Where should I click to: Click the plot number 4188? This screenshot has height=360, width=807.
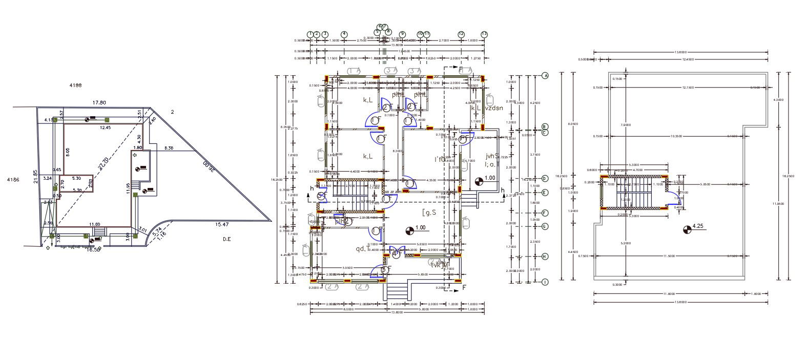(75, 86)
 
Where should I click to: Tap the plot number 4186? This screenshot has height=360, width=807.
(13, 180)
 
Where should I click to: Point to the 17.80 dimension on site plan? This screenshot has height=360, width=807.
(99, 103)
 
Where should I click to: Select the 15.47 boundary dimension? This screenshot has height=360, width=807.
(222, 224)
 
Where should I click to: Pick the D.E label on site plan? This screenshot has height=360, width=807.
(226, 239)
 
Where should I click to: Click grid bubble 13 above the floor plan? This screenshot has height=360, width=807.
(484, 34)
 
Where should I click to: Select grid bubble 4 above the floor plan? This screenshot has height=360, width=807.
(344, 34)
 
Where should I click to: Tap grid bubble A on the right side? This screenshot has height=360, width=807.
(545, 76)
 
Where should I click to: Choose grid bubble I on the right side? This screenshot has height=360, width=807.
(545, 282)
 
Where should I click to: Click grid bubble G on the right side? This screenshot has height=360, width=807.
(545, 226)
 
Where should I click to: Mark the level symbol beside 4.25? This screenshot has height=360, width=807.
(687, 229)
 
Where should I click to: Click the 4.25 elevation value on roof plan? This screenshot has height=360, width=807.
(697, 226)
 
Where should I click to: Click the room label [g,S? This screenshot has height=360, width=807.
(429, 211)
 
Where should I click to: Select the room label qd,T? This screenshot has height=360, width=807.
(363, 249)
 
